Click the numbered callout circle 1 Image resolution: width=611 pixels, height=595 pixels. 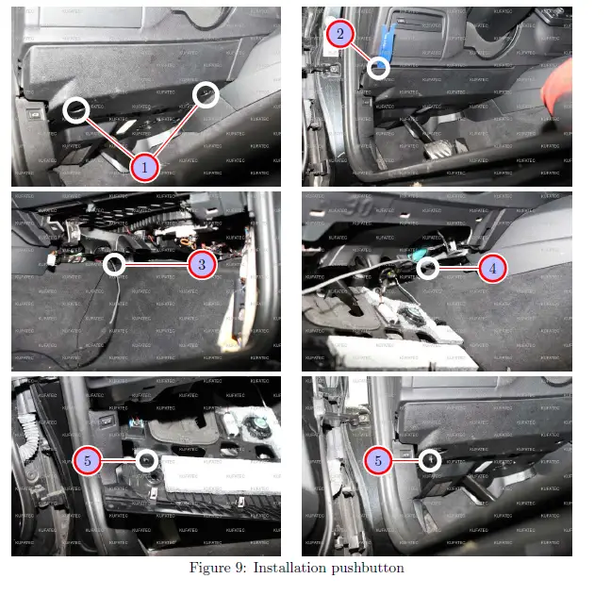(x=143, y=168)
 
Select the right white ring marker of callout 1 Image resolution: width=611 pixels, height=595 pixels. (x=206, y=93)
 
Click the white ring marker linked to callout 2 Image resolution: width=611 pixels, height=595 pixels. (x=379, y=67)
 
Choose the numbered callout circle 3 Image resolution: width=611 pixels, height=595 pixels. (x=202, y=265)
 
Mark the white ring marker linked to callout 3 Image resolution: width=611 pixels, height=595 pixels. (x=114, y=265)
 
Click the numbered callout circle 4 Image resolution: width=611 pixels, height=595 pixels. (x=491, y=268)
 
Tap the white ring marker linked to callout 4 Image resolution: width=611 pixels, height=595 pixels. (x=427, y=268)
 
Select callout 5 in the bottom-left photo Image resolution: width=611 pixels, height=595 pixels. (x=88, y=460)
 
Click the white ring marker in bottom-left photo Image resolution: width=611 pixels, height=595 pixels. (x=145, y=460)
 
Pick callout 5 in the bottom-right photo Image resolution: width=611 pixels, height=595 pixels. (x=378, y=460)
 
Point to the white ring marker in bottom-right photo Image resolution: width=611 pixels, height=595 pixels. (x=429, y=460)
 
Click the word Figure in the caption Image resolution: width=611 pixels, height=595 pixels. (x=211, y=568)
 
